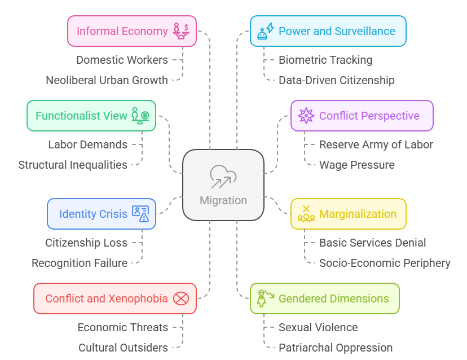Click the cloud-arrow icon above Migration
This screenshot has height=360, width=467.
(223, 177)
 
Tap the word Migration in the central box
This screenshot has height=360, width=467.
(223, 200)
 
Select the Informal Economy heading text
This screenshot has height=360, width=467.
(122, 31)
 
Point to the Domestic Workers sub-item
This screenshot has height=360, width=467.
(122, 60)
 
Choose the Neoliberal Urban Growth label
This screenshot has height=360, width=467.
(107, 80)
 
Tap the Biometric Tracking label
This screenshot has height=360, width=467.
(325, 60)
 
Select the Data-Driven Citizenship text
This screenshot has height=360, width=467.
(336, 80)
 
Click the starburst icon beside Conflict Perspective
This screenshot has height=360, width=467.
(306, 116)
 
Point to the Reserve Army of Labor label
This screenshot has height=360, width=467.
(376, 144)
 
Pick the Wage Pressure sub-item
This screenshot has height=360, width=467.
(357, 165)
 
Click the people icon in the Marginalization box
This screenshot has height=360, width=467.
(306, 214)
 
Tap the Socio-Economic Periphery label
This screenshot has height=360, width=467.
(385, 263)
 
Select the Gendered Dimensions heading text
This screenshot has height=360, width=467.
(334, 298)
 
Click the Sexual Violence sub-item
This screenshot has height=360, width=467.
(318, 327)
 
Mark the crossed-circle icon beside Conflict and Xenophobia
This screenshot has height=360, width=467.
(181, 298)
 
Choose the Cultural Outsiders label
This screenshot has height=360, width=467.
(122, 348)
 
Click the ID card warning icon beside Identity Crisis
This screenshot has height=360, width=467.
(140, 214)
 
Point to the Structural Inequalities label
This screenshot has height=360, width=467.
(73, 165)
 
